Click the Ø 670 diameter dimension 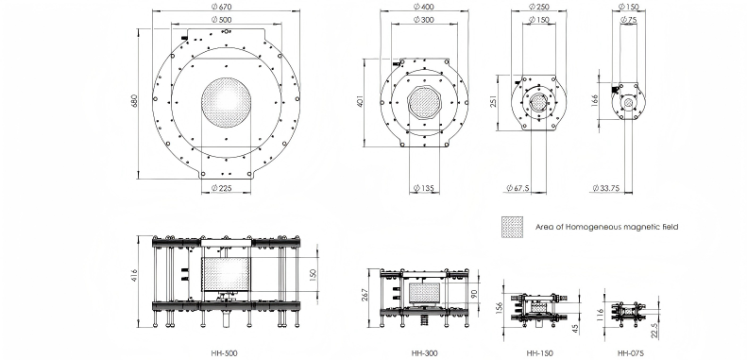226,7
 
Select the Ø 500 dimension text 226,20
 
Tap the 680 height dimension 134,102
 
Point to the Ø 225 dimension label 226,188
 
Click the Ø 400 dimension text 423,7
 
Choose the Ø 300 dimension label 423,20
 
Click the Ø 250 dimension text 539,7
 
